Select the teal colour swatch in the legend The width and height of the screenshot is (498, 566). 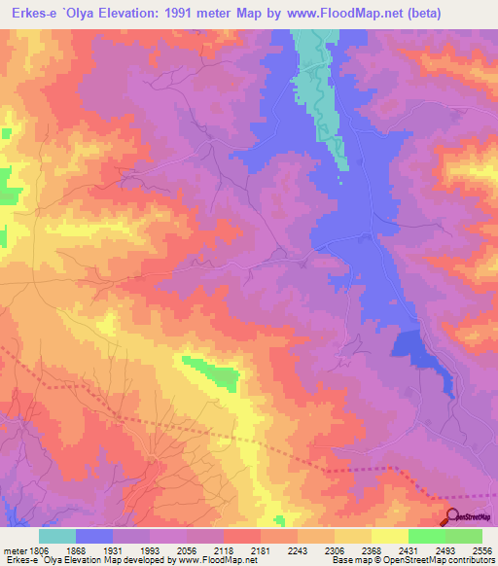tap(57, 536)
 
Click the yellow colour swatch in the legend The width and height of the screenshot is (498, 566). tap(390, 536)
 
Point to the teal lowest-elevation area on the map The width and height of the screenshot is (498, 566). tap(317, 78)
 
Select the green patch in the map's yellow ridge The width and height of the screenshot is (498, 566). tap(215, 371)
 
